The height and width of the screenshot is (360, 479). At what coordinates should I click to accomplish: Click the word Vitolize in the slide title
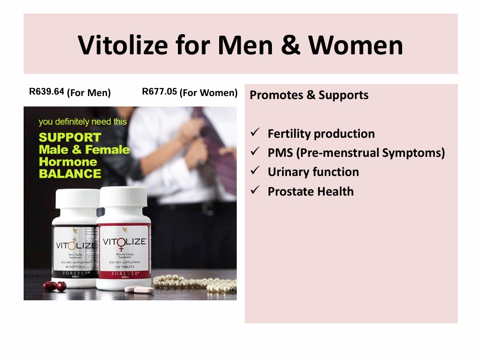coord(123,45)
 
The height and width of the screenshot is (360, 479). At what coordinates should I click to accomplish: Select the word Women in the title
coord(355,45)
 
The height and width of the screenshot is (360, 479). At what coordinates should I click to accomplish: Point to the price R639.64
coord(47,92)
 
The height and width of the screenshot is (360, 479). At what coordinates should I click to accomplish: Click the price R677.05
coord(160,92)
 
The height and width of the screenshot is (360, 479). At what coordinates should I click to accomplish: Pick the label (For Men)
coord(89,93)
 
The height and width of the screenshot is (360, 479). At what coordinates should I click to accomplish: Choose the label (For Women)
coord(209,93)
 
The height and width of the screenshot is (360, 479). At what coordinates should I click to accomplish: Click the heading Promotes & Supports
coord(309,95)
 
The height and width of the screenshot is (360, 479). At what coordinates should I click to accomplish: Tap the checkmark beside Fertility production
coord(255,133)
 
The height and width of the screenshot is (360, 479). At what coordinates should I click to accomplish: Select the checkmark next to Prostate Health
coord(255,191)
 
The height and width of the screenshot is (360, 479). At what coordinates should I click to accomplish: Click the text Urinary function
coord(313,172)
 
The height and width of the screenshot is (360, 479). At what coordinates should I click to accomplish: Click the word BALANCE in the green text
coord(70,174)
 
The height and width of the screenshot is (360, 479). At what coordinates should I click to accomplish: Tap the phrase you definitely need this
coord(83,122)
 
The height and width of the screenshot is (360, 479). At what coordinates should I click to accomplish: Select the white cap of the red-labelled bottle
coord(124,198)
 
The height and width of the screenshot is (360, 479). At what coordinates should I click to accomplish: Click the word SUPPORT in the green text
coord(70,137)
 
